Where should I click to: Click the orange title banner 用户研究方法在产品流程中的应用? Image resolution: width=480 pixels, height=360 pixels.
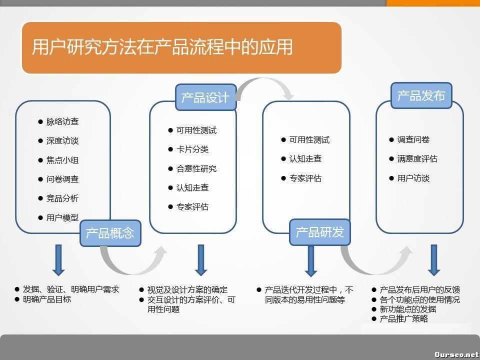tap(181, 47)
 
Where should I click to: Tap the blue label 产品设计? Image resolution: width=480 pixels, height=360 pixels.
tap(205, 97)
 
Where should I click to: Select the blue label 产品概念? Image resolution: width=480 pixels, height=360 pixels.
tap(110, 233)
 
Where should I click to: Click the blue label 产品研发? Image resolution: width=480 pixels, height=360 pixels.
tap(320, 232)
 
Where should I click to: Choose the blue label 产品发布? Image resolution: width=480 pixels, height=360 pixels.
tap(421, 95)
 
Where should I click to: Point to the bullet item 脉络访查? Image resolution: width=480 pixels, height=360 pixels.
tap(62, 121)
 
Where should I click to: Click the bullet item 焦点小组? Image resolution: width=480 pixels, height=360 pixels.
tap(62, 160)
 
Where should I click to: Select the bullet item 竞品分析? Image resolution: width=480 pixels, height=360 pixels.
tap(62, 198)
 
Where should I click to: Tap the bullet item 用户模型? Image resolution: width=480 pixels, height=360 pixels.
tap(62, 217)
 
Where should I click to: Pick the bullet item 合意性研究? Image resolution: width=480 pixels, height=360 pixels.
tap(196, 168)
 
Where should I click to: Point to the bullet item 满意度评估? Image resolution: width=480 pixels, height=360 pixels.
tap(417, 159)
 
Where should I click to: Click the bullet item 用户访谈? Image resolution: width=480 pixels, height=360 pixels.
tap(413, 178)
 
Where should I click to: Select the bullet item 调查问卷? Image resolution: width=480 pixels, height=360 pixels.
tap(413, 140)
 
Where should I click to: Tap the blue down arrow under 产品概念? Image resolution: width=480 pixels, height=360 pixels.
tap(58, 259)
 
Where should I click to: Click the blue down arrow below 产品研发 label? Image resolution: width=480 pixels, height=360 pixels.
tap(310, 260)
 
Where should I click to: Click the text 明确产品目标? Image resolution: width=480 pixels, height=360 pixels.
tap(47, 299)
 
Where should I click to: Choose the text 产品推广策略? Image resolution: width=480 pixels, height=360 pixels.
tap(403, 318)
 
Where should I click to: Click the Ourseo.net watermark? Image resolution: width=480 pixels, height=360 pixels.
tap(456, 354)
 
